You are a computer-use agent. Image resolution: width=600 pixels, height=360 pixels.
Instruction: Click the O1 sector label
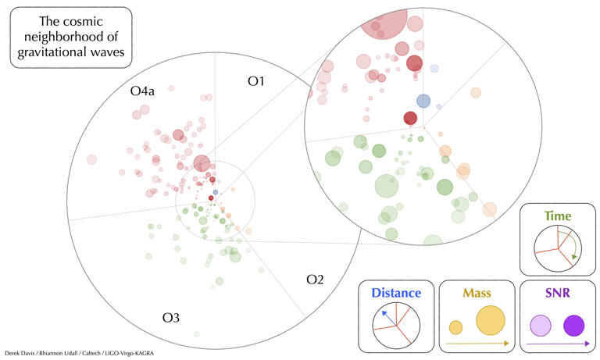pyautogui.click(x=259, y=80)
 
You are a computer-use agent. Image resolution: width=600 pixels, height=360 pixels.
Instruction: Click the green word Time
pyautogui.click(x=557, y=216)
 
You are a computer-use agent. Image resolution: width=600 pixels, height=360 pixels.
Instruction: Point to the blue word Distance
pyautogui.click(x=396, y=293)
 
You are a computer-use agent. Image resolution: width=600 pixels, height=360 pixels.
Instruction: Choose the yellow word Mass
pyautogui.click(x=477, y=293)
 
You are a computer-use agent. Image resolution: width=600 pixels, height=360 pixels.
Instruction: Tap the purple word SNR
pyautogui.click(x=558, y=293)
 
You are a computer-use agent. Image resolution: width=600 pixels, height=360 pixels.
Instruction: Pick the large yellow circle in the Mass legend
pyautogui.click(x=491, y=320)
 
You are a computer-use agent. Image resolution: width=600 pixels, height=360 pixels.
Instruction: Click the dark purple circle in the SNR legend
pyautogui.click(x=574, y=326)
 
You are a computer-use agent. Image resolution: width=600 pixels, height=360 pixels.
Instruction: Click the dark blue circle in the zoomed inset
pyautogui.click(x=423, y=100)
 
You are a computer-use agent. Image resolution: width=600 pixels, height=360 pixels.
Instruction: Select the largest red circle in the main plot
pyautogui.click(x=202, y=164)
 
